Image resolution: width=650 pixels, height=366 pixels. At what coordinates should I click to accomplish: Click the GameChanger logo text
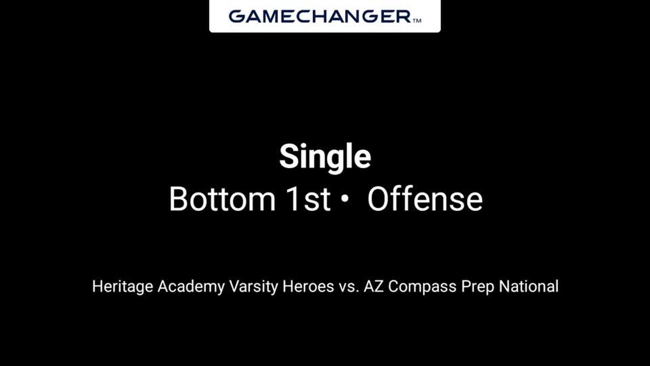320,16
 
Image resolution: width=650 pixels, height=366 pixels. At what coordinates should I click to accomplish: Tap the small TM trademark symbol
417,21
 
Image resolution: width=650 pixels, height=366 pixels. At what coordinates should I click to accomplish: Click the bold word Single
325,157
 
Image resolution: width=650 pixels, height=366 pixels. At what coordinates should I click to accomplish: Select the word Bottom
222,199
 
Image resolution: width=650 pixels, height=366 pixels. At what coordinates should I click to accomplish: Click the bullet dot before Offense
345,199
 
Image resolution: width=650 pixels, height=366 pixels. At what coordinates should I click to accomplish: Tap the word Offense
425,199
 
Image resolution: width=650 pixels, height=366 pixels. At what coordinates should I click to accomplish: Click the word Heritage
123,287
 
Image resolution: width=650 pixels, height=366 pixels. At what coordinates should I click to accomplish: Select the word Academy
191,287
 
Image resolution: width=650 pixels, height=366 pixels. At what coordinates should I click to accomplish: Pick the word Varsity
254,287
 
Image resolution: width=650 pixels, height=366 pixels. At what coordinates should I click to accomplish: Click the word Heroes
308,286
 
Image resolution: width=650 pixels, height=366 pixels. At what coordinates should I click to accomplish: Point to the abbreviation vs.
349,287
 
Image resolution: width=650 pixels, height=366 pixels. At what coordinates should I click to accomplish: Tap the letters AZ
373,286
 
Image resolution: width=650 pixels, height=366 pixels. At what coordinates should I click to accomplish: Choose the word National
529,286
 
